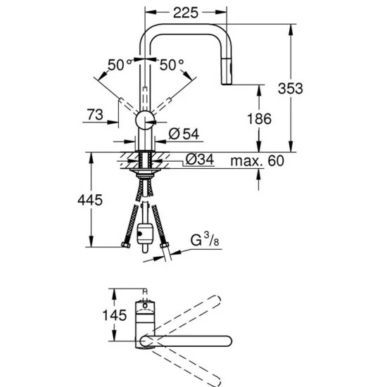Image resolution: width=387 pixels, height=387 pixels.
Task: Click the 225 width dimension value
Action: pyautogui.click(x=186, y=13)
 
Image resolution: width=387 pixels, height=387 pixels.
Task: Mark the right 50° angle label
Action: pyautogui.click(x=171, y=65)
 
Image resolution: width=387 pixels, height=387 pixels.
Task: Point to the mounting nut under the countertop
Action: pyautogui.click(x=144, y=169)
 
